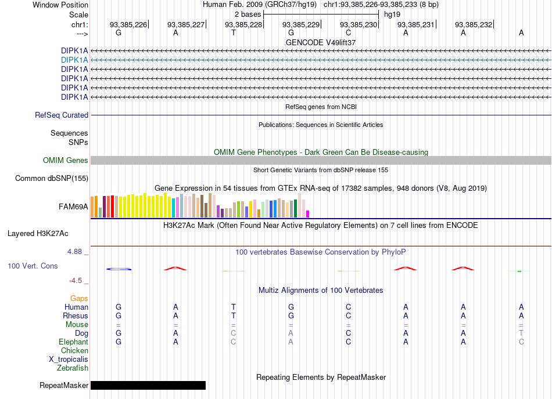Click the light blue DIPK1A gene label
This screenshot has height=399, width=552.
click(x=74, y=60)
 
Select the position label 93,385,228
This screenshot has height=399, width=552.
click(x=243, y=24)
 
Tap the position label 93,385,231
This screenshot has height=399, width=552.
click(x=416, y=24)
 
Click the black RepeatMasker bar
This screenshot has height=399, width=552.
click(x=148, y=385)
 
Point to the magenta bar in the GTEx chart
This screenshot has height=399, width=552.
click(x=308, y=214)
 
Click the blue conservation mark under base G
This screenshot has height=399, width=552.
click(x=119, y=269)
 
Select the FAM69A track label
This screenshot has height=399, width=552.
click(x=73, y=207)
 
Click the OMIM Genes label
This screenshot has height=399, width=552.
click(x=65, y=161)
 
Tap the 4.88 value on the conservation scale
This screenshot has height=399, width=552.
click(x=74, y=252)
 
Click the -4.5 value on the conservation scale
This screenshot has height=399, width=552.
click(x=76, y=280)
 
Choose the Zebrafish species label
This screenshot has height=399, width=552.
click(x=73, y=368)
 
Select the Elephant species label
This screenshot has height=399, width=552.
click(x=73, y=342)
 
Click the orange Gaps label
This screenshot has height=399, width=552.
click(x=79, y=298)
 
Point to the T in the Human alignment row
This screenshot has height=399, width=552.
click(x=234, y=307)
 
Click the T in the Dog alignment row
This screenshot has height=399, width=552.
click(x=521, y=333)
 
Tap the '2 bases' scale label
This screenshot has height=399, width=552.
click(x=248, y=14)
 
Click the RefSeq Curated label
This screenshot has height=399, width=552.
click(x=62, y=115)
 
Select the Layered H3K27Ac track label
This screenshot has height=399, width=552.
click(x=38, y=234)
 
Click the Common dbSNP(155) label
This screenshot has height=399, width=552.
click(x=52, y=179)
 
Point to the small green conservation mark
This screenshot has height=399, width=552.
click(x=519, y=271)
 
